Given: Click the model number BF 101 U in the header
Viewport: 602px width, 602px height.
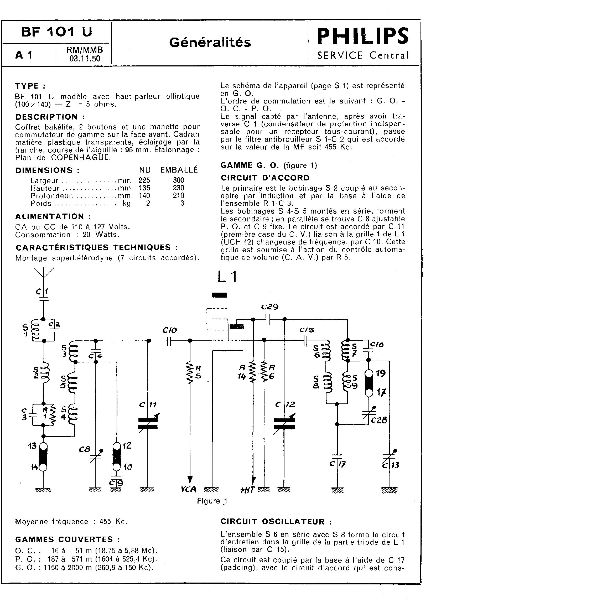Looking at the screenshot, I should point(57,32).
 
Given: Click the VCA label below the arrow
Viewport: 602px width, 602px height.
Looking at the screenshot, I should point(189,489).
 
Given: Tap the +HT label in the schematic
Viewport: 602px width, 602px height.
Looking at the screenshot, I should point(247,490).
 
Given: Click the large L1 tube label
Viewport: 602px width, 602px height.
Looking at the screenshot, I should point(227,277).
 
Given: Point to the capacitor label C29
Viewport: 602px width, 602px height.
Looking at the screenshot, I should point(269,307).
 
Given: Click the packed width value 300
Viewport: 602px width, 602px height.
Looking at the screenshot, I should point(179,180).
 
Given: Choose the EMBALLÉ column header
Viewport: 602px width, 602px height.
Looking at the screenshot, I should point(179,170).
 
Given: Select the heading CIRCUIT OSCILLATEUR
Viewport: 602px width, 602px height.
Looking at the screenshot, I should point(276,522).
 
